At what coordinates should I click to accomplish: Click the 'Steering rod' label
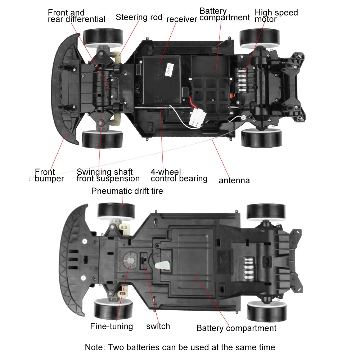139,17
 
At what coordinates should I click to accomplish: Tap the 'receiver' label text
181,19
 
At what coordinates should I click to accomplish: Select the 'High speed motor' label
276,15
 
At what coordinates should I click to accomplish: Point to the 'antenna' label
234,180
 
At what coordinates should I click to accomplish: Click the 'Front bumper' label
49,175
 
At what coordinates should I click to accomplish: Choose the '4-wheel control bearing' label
179,175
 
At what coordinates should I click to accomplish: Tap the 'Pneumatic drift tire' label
127,191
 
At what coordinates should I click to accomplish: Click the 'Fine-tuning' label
111,327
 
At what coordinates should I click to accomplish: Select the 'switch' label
158,327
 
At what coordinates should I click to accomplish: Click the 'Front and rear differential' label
76,16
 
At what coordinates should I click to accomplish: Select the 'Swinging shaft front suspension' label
108,175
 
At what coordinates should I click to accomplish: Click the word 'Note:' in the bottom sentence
95,347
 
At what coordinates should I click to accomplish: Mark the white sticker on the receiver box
168,69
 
